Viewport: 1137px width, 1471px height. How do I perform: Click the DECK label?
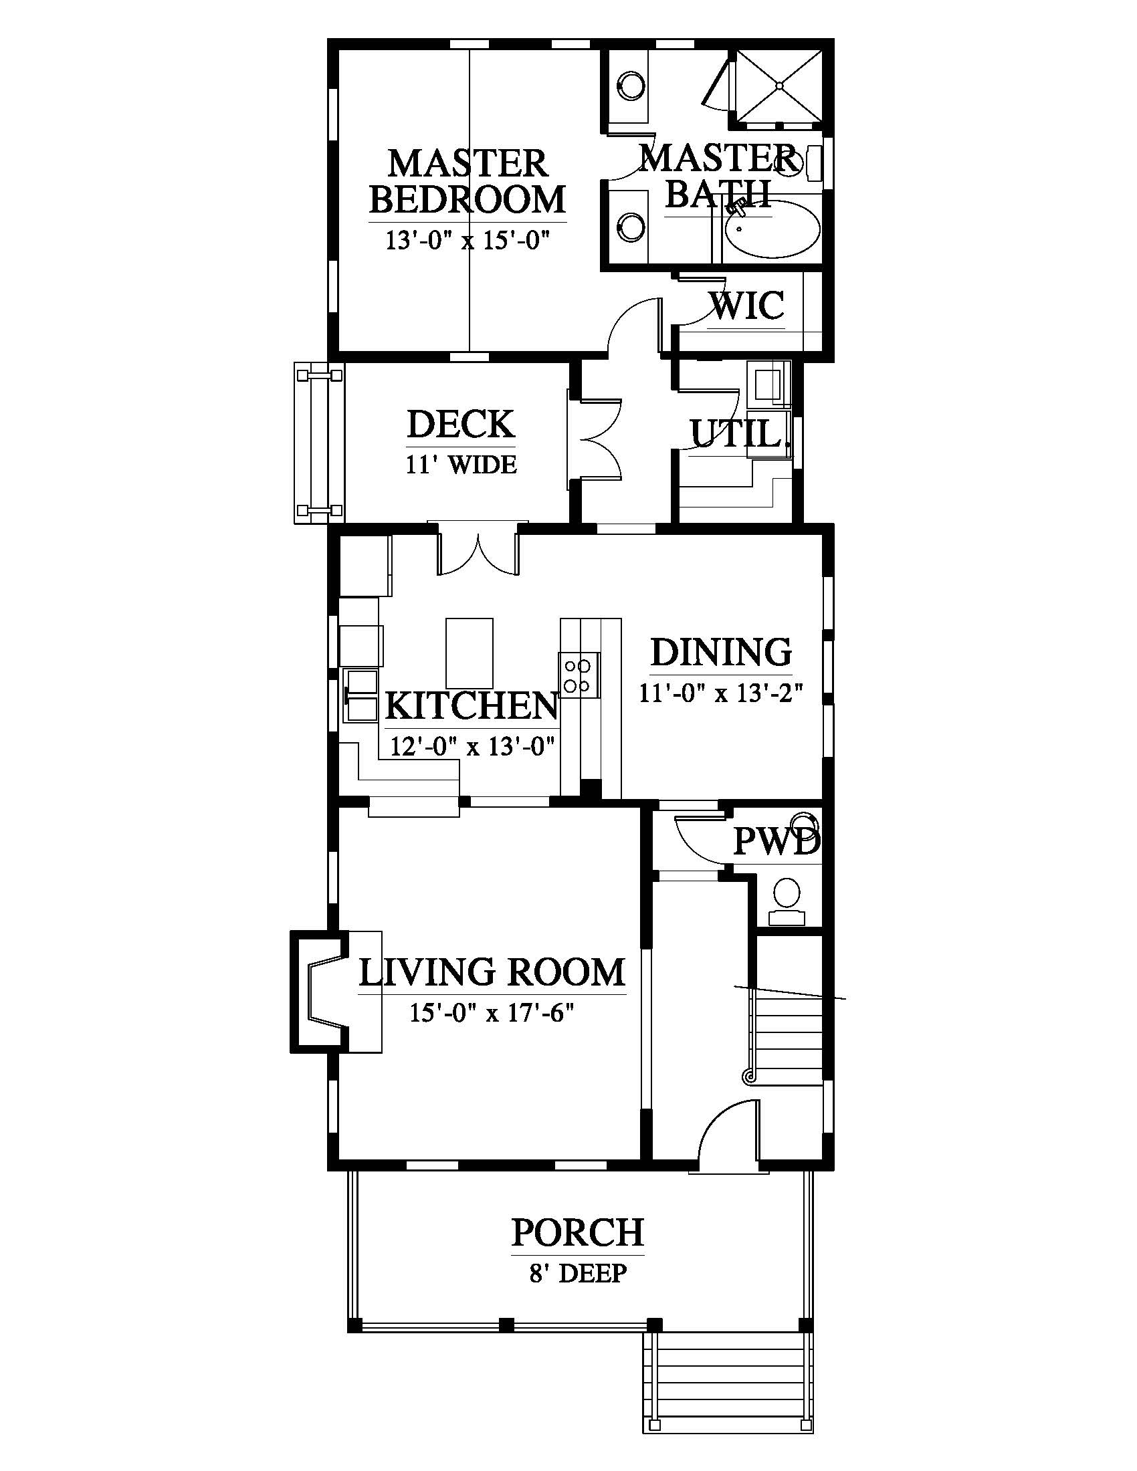461,424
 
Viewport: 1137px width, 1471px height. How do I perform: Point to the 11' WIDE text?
461,465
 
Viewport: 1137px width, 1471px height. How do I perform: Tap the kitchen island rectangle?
470,653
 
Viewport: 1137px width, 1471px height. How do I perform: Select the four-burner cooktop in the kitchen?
579,675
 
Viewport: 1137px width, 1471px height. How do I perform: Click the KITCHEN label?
472,705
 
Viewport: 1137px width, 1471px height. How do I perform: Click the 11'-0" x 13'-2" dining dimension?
721,693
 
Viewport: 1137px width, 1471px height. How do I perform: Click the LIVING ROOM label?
492,973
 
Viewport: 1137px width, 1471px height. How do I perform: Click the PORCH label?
578,1232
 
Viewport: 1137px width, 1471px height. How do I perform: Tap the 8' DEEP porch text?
578,1274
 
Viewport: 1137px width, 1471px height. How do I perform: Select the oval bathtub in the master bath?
772,229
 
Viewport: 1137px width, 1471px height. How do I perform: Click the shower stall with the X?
779,86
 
